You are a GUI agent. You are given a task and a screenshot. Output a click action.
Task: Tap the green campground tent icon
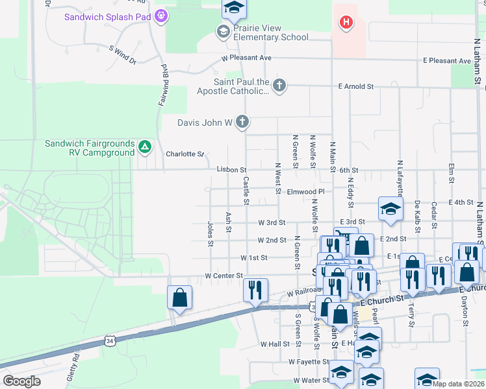tap(144, 148)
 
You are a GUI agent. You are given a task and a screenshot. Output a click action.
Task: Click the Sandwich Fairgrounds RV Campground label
tap(90, 148)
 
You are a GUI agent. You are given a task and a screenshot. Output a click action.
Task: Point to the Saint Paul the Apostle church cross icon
tap(279, 86)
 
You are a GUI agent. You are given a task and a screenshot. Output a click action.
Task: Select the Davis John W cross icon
tap(242, 122)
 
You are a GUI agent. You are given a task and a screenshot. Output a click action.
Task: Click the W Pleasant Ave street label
tap(246, 58)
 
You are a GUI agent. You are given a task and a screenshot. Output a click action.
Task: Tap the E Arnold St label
tap(356, 86)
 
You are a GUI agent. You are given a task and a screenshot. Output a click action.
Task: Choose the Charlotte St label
tap(185, 154)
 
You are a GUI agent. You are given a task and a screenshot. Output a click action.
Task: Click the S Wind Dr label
tap(123, 54)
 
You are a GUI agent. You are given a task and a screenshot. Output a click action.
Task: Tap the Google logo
tap(22, 381)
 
